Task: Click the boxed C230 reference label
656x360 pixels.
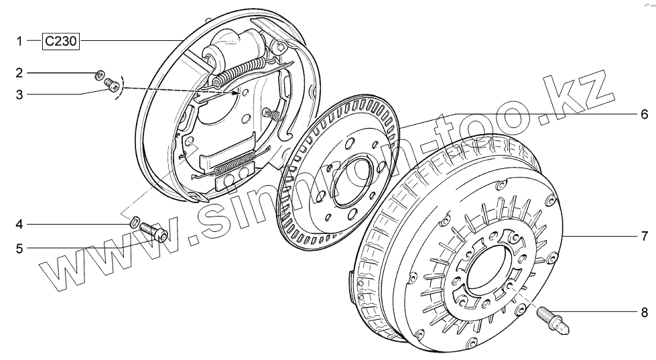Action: pos(60,41)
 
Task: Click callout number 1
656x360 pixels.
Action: pos(19,41)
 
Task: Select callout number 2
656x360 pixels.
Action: pos(19,73)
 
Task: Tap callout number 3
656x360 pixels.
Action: pos(19,95)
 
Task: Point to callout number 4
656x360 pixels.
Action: pos(19,225)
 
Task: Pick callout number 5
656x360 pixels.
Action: pos(19,249)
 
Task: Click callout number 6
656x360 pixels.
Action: pos(645,114)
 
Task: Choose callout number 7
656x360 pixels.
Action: pos(645,236)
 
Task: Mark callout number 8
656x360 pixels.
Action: pos(645,312)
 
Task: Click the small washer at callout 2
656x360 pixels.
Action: pos(100,75)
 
